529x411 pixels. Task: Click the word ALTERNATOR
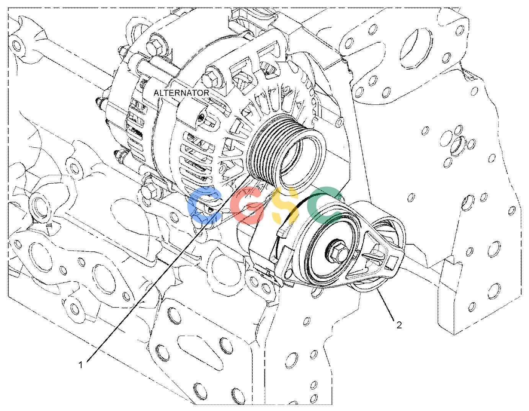181,93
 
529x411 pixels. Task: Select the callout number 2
399,325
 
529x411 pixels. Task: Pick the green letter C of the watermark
325,205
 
